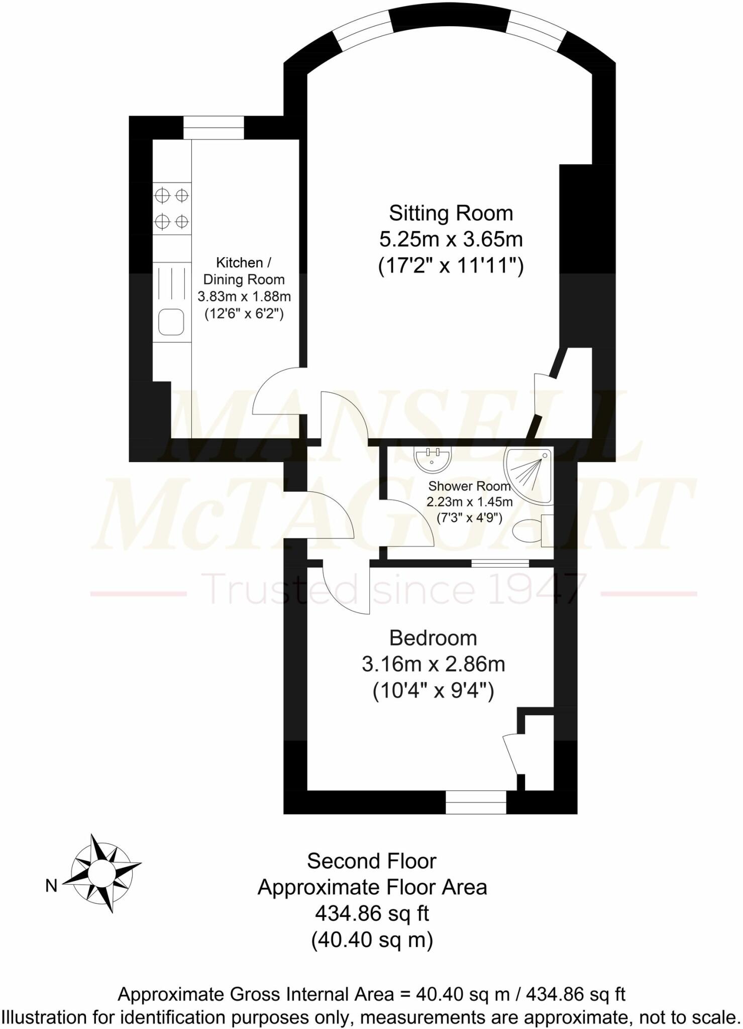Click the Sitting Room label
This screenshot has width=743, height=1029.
coord(451,214)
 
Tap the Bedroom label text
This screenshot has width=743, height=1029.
coord(433,638)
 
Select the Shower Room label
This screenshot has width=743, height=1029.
coord(469,486)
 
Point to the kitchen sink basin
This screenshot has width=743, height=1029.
coord(171,322)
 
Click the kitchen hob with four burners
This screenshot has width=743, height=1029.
coord(172,208)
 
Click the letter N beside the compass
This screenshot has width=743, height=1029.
coord(51,886)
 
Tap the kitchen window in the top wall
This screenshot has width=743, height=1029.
coord(214,128)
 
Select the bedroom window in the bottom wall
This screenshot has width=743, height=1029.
coord(476,802)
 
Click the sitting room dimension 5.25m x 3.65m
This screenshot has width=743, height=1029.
coord(451,240)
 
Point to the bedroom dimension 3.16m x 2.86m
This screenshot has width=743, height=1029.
coord(433,664)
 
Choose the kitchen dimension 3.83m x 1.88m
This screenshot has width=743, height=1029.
coord(244,296)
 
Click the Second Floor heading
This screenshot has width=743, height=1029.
coord(372,861)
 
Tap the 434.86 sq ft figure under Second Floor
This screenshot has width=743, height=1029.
coord(372,913)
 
